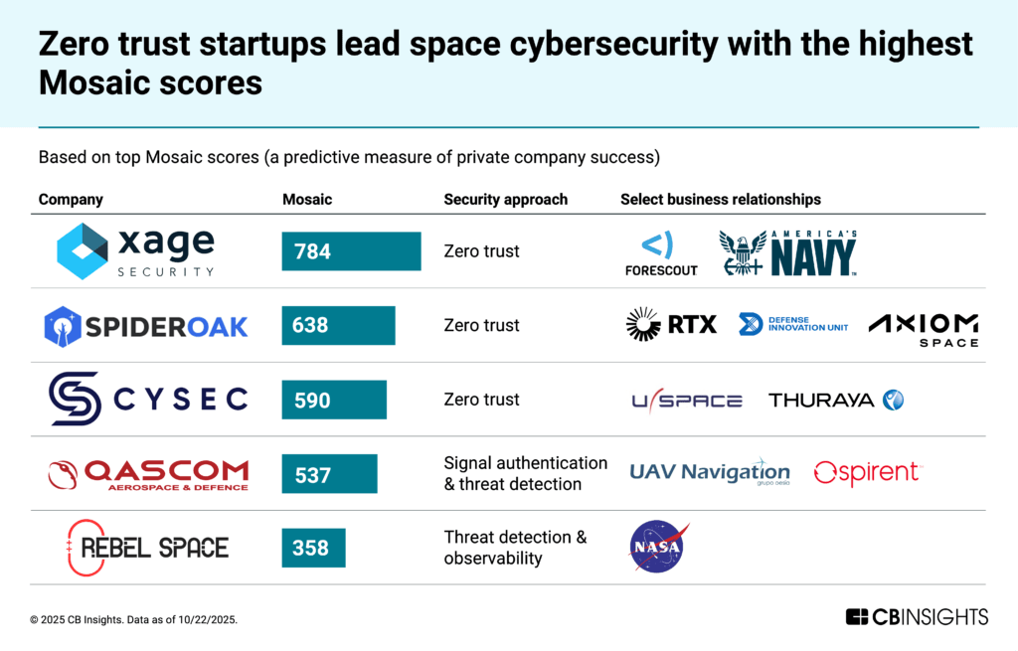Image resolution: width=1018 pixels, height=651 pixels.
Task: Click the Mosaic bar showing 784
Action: click(351, 251)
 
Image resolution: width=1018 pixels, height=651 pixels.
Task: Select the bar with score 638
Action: click(338, 325)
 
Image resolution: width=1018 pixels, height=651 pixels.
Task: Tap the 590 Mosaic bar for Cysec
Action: click(334, 400)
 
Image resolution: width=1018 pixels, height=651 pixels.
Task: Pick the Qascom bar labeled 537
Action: click(329, 474)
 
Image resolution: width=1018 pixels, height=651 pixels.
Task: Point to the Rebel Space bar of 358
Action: click(313, 548)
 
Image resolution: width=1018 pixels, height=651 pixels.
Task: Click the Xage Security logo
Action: click(135, 250)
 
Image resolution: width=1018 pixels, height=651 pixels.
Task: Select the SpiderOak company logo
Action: click(146, 325)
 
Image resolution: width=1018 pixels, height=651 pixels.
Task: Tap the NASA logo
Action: click(657, 547)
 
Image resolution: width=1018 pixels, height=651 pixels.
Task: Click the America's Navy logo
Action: click(787, 252)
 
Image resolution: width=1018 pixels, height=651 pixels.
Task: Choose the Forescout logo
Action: click(661, 253)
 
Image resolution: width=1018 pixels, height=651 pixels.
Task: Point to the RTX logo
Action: click(671, 324)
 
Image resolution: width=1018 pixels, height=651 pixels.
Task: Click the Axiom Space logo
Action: click(923, 329)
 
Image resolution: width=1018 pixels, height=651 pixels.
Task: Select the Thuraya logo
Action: click(836, 400)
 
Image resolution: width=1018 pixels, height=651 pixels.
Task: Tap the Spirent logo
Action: click(867, 473)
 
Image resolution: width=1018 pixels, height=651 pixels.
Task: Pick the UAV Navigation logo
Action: click(710, 472)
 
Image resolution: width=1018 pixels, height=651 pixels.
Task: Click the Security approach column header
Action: click(505, 199)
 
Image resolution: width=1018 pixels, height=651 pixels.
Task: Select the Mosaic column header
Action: click(307, 199)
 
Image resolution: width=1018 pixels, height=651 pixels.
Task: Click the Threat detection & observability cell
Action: click(515, 548)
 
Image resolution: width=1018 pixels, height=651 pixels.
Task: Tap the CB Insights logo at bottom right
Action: click(917, 617)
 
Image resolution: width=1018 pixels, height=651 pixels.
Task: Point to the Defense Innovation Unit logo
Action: click(793, 324)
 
